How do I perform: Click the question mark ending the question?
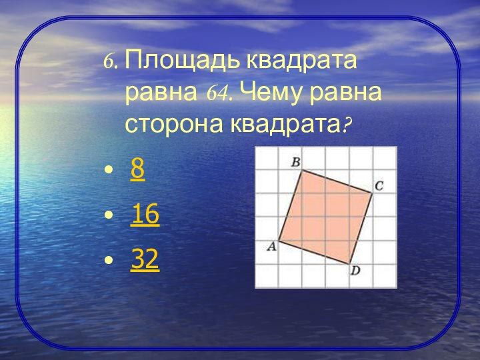click(x=346, y=125)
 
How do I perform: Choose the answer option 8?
click(x=137, y=169)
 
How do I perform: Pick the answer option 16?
click(x=145, y=214)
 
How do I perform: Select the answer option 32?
click(x=145, y=259)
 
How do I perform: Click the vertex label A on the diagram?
click(x=271, y=246)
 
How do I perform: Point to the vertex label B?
click(x=296, y=162)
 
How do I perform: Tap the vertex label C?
click(x=379, y=186)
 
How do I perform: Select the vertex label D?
click(x=355, y=271)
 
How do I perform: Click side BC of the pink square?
click(x=337, y=181)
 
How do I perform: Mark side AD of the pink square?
click(x=314, y=252)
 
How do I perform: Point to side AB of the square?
click(x=290, y=205)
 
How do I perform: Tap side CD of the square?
click(x=361, y=229)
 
